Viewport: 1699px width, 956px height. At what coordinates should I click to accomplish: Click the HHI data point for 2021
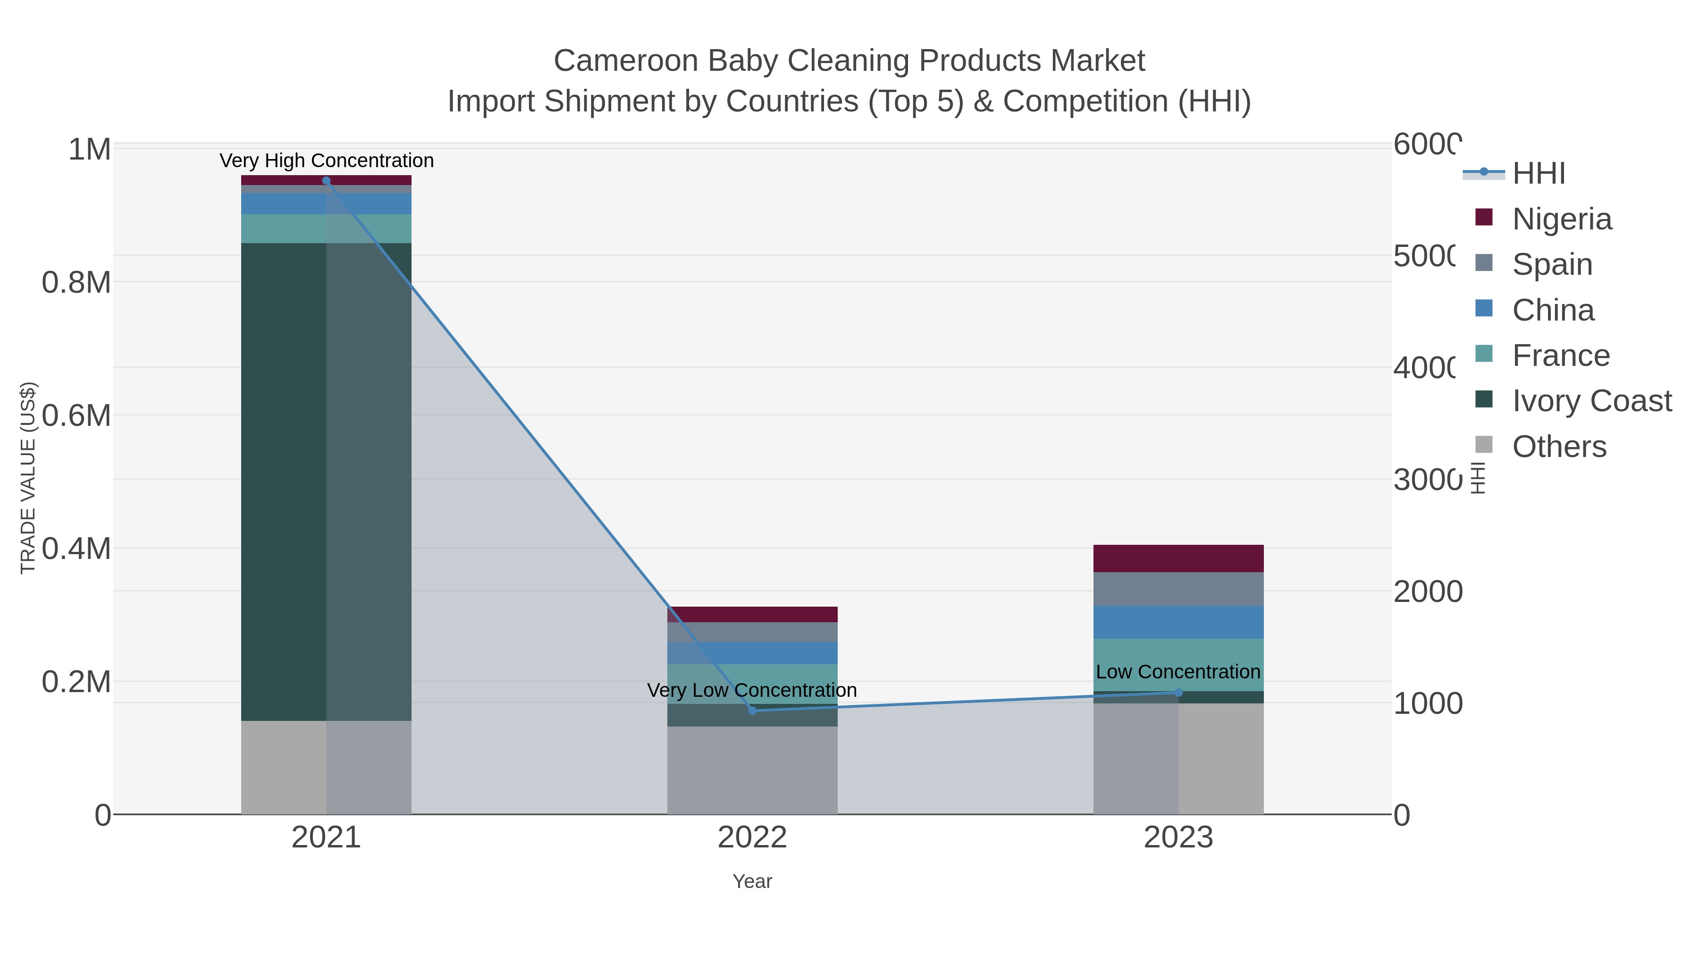pos(326,180)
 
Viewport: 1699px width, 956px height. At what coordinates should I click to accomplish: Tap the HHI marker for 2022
pos(753,710)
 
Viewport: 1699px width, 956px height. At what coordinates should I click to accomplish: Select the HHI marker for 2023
pos(1178,692)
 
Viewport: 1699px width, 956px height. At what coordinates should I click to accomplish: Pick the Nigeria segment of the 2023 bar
pos(1178,558)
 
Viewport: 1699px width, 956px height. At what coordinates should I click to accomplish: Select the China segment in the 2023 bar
pos(1178,622)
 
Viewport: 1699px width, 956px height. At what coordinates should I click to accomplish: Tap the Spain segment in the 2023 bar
pos(1178,589)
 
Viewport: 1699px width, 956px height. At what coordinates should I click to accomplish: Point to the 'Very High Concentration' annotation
pos(327,161)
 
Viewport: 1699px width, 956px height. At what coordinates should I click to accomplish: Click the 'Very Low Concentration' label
pos(752,690)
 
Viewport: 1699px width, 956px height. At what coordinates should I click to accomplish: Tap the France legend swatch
pos(1484,354)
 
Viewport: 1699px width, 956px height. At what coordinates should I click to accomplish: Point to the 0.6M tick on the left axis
pos(76,415)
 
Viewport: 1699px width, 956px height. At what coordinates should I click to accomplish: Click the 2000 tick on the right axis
pos(1427,591)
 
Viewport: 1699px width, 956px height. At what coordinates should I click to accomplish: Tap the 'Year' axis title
pos(752,881)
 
